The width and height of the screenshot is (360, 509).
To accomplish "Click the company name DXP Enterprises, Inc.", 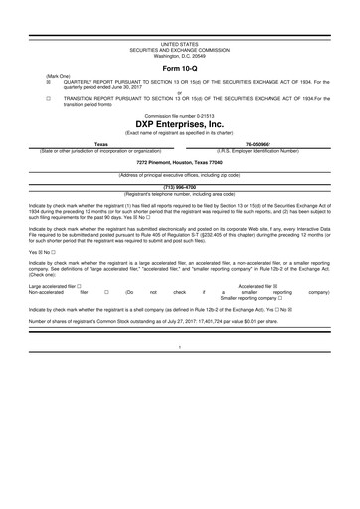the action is click(179, 125).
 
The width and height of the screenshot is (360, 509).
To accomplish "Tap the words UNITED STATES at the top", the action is click(179, 45).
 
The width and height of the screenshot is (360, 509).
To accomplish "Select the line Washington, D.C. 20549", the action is click(179, 56).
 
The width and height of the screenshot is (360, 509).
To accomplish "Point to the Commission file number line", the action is click(179, 116).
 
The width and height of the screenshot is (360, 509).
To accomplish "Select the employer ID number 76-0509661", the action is click(259, 144).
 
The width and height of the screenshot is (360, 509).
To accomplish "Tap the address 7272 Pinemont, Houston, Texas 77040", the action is click(179, 162).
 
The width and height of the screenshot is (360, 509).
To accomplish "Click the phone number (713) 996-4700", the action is click(179, 186).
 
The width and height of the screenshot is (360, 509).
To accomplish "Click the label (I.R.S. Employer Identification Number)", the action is click(259, 150).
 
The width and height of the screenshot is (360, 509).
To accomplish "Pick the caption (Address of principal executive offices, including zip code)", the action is click(179, 174).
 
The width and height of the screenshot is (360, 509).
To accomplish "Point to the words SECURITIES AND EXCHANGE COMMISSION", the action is click(179, 51).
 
